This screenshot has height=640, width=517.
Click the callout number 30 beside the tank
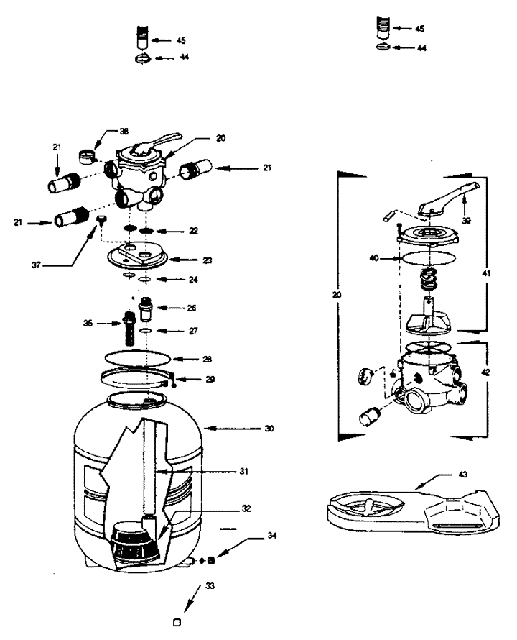[x=270, y=429]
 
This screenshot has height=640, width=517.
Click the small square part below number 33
[x=177, y=619]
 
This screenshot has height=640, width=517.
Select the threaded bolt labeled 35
[x=131, y=328]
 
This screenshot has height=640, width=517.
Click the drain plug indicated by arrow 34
[x=211, y=559]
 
